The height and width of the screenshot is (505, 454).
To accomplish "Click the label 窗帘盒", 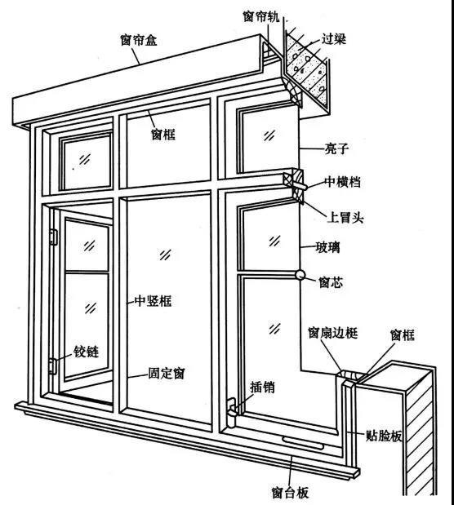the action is tap(139, 40).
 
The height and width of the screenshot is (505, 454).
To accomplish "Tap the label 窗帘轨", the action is tap(261, 16).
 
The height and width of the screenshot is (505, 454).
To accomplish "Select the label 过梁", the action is tap(333, 38).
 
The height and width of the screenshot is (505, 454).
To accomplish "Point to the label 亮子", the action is tap(336, 148).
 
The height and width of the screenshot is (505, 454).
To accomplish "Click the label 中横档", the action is tap(342, 182).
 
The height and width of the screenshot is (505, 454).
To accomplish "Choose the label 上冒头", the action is tap(345, 217).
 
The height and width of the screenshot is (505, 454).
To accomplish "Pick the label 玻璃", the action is tap(328, 247).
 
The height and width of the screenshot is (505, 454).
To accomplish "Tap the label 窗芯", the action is tap(331, 282).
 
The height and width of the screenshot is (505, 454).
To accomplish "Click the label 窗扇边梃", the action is tap(333, 332).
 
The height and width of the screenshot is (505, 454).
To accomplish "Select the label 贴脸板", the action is tap(384, 436).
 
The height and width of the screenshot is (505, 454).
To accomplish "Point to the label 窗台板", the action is tap(290, 492).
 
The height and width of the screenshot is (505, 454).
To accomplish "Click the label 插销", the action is tap(262, 387).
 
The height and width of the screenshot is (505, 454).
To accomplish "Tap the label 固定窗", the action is tap(167, 373).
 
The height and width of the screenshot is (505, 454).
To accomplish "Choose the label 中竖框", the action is tap(153, 301).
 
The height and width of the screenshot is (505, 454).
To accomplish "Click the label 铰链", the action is tap(86, 351).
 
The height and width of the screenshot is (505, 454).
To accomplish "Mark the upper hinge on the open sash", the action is tap(53, 237).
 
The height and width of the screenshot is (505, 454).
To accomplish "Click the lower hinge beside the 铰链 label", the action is tap(52, 366).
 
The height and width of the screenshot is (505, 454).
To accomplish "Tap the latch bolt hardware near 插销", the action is tap(232, 413).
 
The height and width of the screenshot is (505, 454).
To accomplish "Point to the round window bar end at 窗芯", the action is tap(300, 275).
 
